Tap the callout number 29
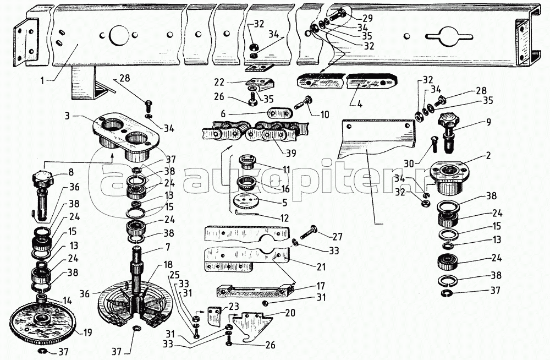click(368, 18)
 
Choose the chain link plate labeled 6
click(280, 113)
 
